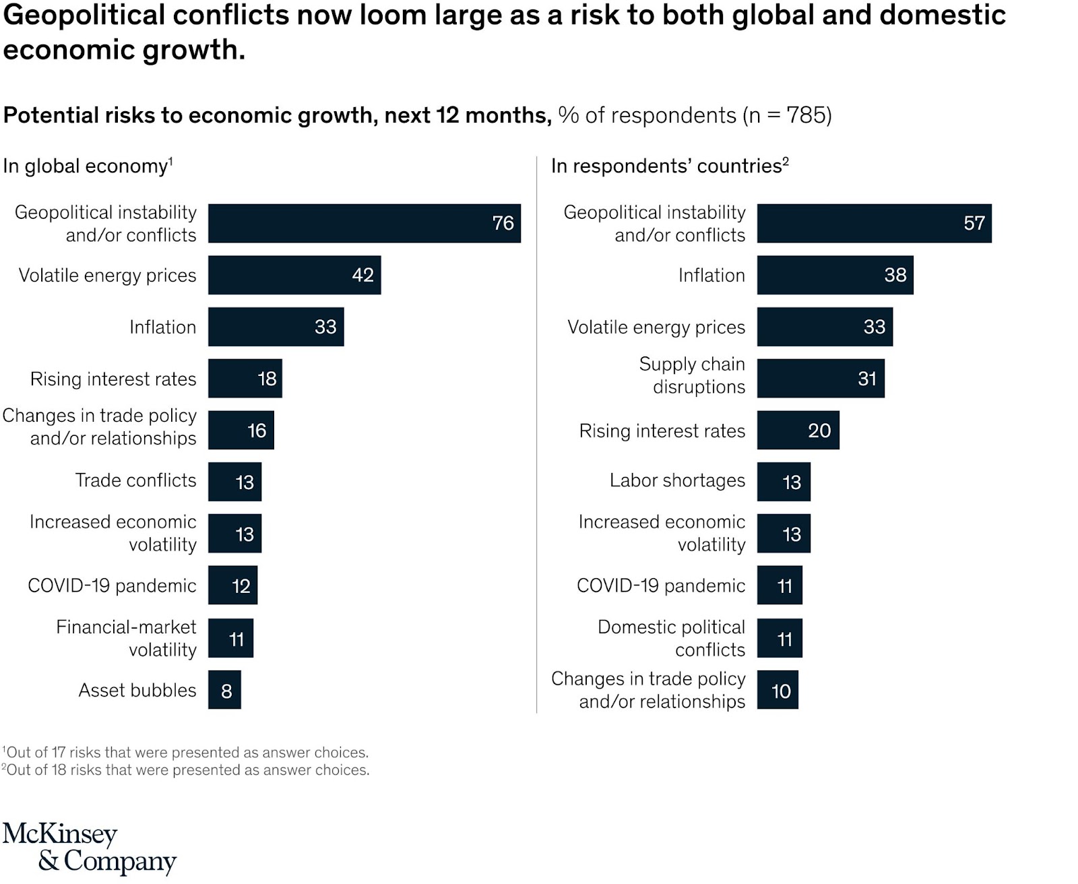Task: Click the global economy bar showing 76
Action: (364, 223)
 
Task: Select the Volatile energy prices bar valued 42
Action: (294, 275)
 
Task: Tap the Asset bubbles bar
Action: (224, 690)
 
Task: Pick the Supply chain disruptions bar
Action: (820, 379)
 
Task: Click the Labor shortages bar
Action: (783, 482)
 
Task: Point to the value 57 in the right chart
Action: (974, 223)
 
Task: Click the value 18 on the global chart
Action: (267, 379)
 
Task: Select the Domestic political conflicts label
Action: (671, 638)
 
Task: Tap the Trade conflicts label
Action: (135, 480)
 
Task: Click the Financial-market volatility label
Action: (126, 638)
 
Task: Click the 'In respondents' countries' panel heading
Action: (670, 166)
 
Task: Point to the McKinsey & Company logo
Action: (89, 848)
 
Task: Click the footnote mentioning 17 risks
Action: (185, 753)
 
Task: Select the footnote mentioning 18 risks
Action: (185, 770)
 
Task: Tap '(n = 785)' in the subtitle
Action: (787, 115)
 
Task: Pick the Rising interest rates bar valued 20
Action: (798, 431)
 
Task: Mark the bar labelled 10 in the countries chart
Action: (778, 690)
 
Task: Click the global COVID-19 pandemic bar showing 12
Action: (232, 586)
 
